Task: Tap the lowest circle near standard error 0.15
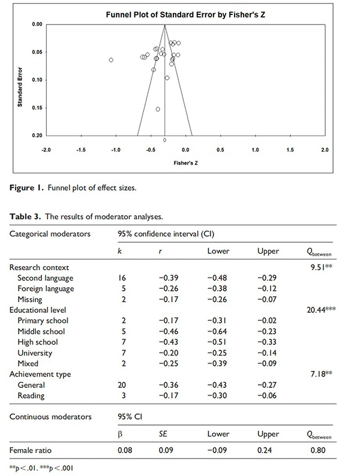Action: click(158, 109)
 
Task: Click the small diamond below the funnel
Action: click(165, 140)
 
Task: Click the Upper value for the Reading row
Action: click(266, 396)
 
